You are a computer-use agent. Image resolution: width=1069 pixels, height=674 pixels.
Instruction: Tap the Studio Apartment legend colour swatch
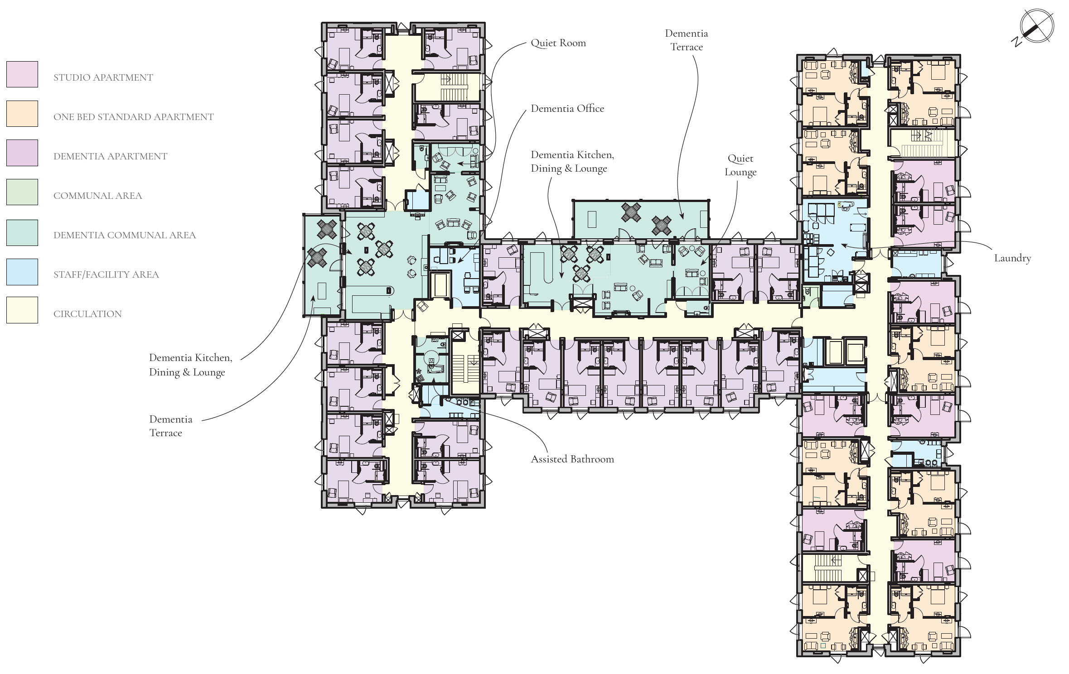point(22,74)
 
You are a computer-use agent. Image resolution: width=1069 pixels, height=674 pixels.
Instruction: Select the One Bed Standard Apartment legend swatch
point(22,114)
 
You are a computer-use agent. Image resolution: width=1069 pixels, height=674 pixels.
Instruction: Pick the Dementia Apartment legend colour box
point(22,153)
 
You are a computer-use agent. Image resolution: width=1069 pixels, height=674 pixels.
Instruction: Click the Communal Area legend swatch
point(22,192)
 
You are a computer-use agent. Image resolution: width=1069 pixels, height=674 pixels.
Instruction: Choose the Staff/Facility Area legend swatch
point(22,272)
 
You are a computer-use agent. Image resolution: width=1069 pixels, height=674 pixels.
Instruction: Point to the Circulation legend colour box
point(22,310)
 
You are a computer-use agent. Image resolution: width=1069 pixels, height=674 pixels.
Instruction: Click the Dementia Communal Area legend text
point(125,235)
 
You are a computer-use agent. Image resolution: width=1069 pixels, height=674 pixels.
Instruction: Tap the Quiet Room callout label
point(558,43)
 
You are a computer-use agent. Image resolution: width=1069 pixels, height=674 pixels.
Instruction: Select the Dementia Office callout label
point(567,109)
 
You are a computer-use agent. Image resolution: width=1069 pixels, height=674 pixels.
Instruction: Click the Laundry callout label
point(1012,259)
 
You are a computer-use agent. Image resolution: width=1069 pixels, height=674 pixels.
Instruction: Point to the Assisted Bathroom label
point(572,459)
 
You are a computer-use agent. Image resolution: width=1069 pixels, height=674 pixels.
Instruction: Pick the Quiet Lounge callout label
point(740,165)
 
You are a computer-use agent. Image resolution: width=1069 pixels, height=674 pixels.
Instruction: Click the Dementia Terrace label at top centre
point(687,40)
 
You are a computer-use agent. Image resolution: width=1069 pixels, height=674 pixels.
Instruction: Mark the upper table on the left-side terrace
point(327,229)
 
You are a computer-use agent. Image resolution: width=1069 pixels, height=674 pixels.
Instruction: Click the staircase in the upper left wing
point(454,88)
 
